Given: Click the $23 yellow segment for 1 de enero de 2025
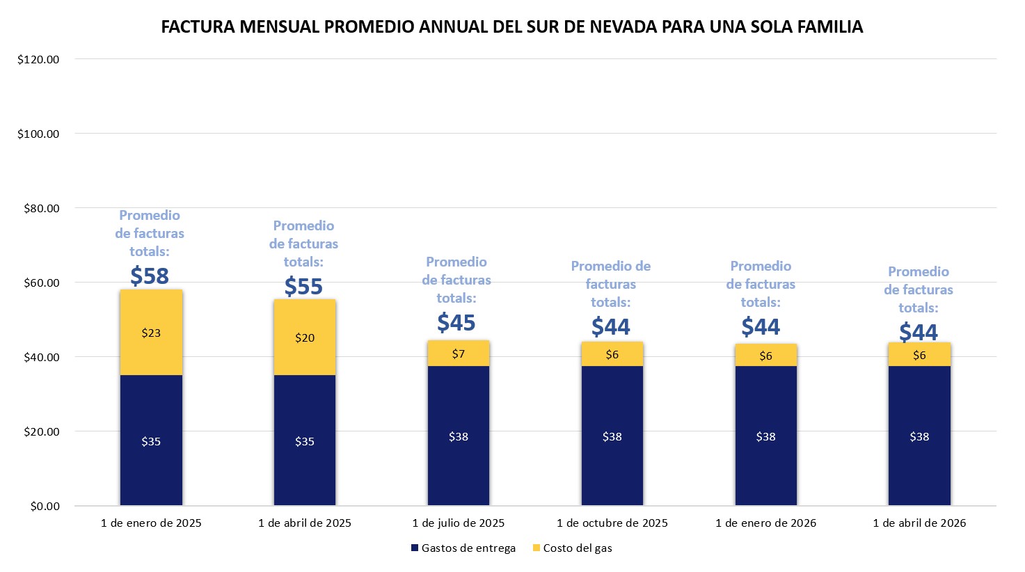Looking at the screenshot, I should coord(151,333).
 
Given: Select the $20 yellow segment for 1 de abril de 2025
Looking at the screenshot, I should coord(305,337).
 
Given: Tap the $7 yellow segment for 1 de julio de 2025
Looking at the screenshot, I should coord(458,353).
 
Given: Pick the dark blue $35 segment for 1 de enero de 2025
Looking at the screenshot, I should coord(151,440).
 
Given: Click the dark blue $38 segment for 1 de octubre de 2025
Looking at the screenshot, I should coord(612,436).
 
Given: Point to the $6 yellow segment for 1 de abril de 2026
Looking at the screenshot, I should coord(919,355).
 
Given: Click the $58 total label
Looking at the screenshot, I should coord(150,276).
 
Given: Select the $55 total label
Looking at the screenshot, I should coord(303,287).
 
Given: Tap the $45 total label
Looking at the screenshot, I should coord(456,323).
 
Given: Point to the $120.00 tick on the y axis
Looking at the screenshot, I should coord(38,59).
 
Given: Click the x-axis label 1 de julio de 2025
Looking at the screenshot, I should coord(458,523).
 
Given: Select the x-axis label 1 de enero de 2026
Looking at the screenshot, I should coord(765,523).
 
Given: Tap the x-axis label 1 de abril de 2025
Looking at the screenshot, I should coord(305,523).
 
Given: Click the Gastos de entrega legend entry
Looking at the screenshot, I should coord(463,548).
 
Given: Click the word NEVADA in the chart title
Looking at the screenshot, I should coord(622,27).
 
